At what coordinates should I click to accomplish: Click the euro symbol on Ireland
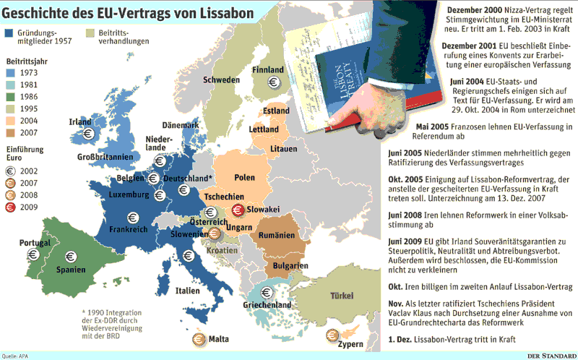pyautogui.click(x=87, y=133)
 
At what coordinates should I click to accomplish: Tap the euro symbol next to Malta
pyautogui.click(x=197, y=338)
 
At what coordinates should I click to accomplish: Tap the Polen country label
pyautogui.click(x=245, y=177)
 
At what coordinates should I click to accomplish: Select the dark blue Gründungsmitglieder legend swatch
pyautogui.click(x=11, y=33)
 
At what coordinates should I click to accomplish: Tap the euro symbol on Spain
pyautogui.click(x=70, y=255)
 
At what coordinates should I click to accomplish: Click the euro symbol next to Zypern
pyautogui.click(x=333, y=333)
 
